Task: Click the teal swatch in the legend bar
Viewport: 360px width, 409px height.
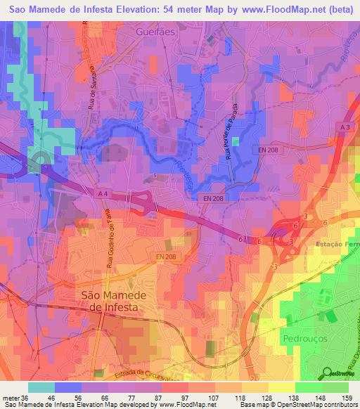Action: [41, 387]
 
